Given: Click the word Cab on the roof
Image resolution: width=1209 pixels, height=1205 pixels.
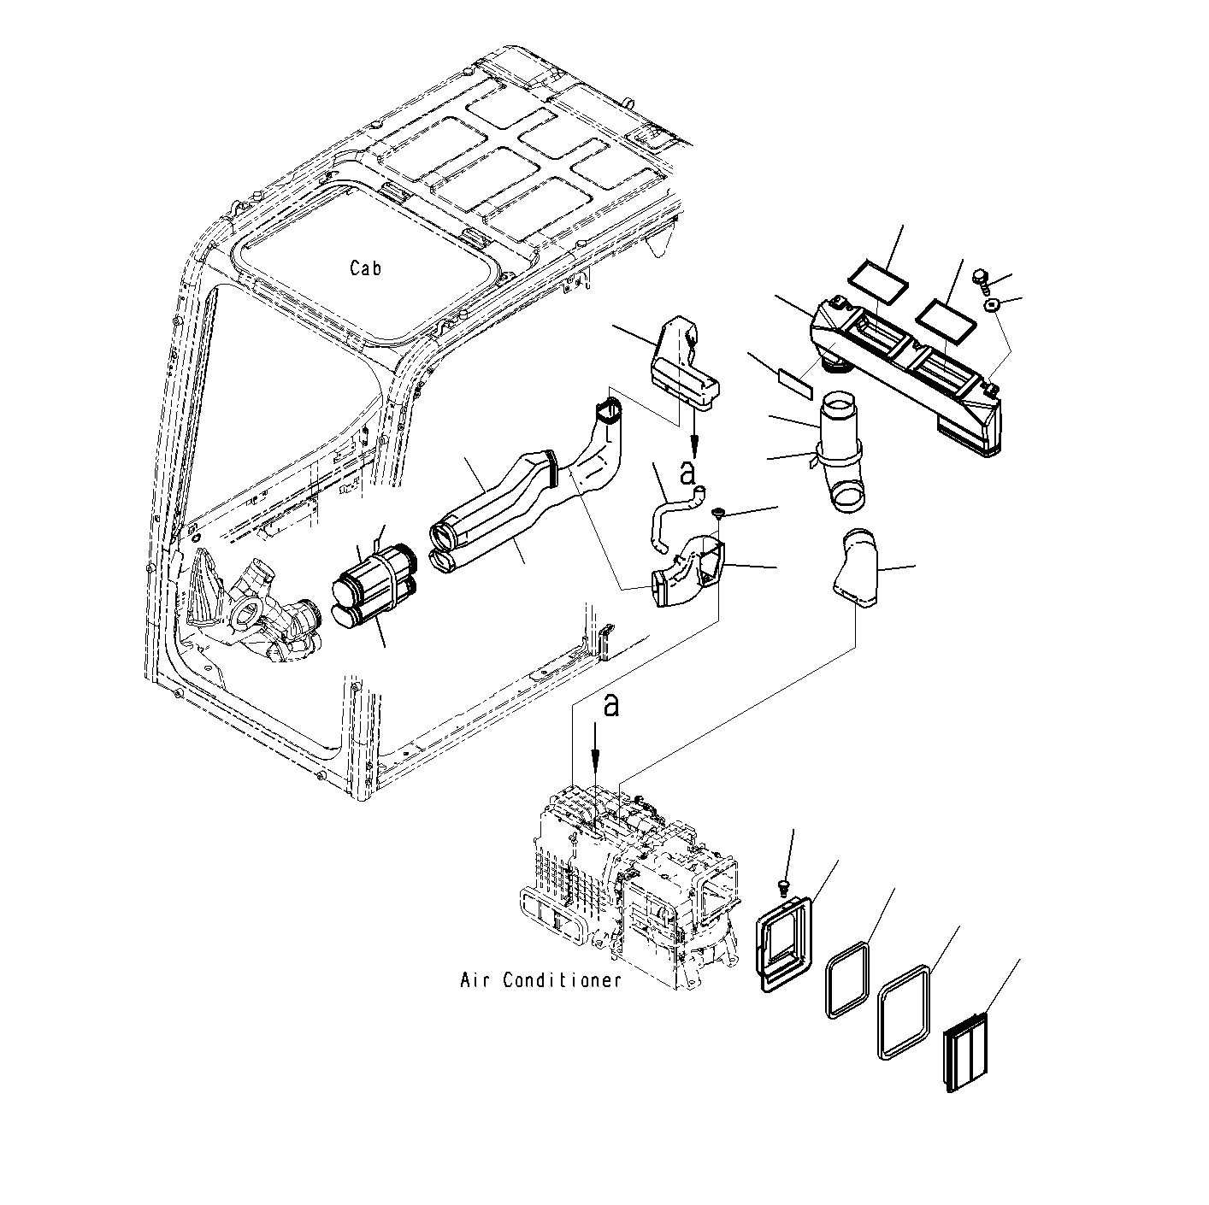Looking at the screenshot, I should [x=365, y=268].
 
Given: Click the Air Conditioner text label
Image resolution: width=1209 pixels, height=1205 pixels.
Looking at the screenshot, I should [x=540, y=980].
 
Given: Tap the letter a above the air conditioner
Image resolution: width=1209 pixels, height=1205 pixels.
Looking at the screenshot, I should [x=610, y=705].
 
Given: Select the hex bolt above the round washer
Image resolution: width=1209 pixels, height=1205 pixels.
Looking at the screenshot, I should [x=981, y=277].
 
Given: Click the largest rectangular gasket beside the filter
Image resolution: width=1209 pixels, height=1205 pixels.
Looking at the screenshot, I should [x=904, y=1012].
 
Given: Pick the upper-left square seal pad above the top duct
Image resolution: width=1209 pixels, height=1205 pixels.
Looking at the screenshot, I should [x=878, y=278].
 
